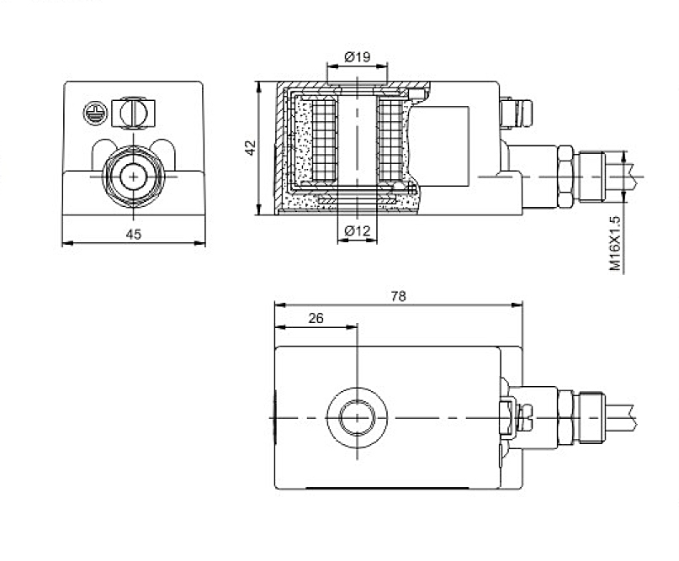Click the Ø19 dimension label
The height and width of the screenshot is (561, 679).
point(358,57)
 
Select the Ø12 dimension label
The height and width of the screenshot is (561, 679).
point(358,230)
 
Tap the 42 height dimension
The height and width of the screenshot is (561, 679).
point(250,148)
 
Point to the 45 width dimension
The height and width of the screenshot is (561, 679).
point(133,235)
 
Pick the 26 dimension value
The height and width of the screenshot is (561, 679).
point(316,318)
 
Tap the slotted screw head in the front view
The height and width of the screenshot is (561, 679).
point(134,110)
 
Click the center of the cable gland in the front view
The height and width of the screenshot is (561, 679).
point(133,176)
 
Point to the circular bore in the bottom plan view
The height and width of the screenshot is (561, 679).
point(358,416)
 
